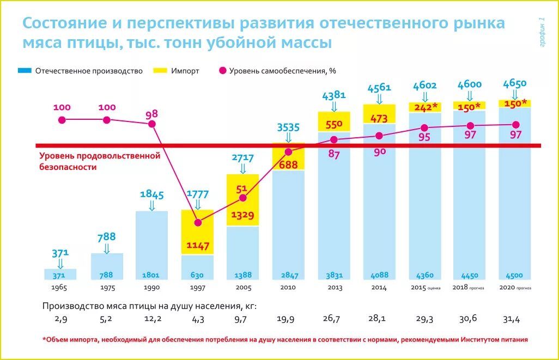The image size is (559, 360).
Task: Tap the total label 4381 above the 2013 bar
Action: [x=333, y=95]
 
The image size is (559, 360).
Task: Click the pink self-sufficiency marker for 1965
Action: [x=62, y=120]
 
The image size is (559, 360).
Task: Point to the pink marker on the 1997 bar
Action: [x=198, y=222]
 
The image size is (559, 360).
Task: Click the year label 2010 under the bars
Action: [x=288, y=287]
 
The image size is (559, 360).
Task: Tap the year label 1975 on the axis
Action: [x=107, y=287]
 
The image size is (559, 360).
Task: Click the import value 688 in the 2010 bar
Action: [x=288, y=164]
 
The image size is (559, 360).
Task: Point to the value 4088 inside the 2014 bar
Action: [x=379, y=275]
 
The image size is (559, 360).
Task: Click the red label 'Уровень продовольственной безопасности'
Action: [x=100, y=161]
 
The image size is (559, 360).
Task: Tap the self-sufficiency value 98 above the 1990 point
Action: [x=151, y=114]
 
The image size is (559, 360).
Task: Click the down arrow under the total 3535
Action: [x=288, y=138]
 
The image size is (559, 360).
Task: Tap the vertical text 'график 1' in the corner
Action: [x=542, y=33]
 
